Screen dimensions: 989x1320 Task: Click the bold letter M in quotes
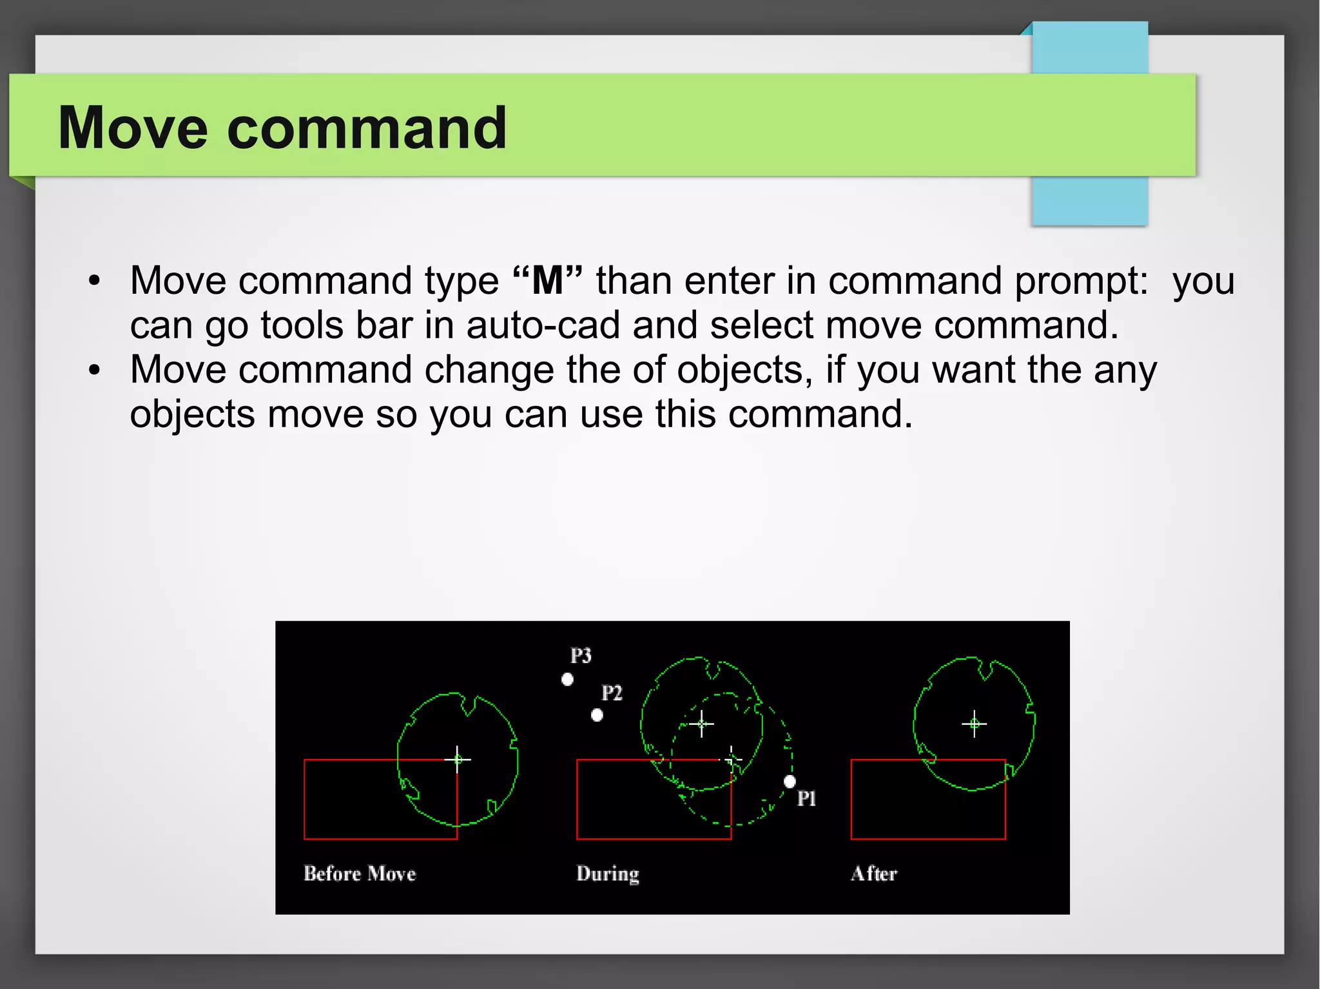(547, 281)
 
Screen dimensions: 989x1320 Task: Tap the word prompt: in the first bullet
(1082, 282)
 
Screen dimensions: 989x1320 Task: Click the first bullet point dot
(95, 281)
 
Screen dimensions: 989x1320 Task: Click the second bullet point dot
(95, 370)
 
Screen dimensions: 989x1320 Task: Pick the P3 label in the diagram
(581, 656)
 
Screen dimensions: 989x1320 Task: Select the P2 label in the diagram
(612, 693)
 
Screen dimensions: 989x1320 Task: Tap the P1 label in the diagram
(806, 799)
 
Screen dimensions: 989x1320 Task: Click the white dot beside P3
(567, 679)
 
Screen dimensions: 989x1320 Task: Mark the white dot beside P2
(597, 715)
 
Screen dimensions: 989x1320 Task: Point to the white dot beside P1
(790, 782)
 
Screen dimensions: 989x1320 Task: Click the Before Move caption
(360, 874)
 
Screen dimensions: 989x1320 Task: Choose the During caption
(607, 874)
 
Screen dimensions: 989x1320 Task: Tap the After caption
(873, 874)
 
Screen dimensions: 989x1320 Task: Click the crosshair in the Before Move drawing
(458, 760)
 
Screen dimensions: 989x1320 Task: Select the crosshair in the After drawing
(974, 724)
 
